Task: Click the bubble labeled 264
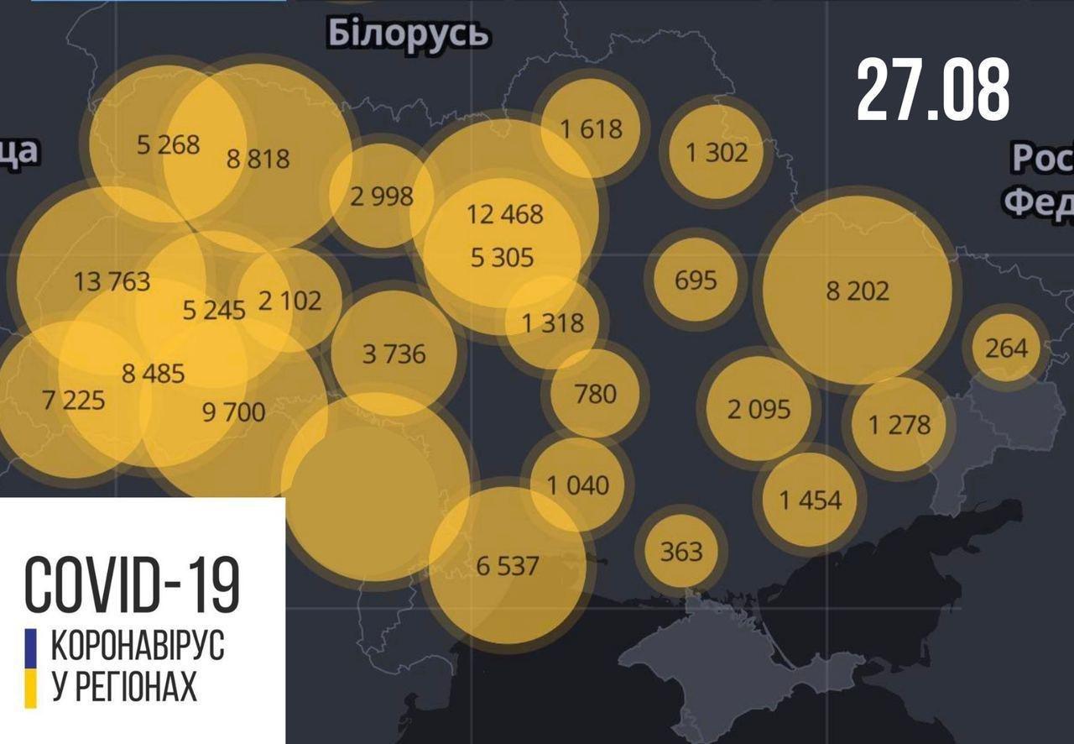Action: tap(1006, 347)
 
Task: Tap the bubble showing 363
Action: tap(680, 552)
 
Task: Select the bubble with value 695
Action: tap(696, 279)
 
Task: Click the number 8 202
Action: tap(857, 291)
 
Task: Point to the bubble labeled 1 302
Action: tap(716, 152)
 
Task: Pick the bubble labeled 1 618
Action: tap(592, 128)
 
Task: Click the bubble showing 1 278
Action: tap(899, 424)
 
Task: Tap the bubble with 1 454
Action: tap(810, 500)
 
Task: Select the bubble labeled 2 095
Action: tap(759, 409)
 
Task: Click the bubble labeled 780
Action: tap(595, 393)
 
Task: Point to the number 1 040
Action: tap(578, 485)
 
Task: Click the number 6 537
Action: tap(507, 565)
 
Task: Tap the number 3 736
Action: tap(394, 354)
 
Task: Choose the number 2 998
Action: tap(382, 196)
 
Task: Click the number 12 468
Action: tap(505, 214)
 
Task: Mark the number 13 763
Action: tap(112, 281)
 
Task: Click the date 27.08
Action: tap(932, 91)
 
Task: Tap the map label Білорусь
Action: tap(408, 34)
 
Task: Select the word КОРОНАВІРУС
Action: tap(138, 647)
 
